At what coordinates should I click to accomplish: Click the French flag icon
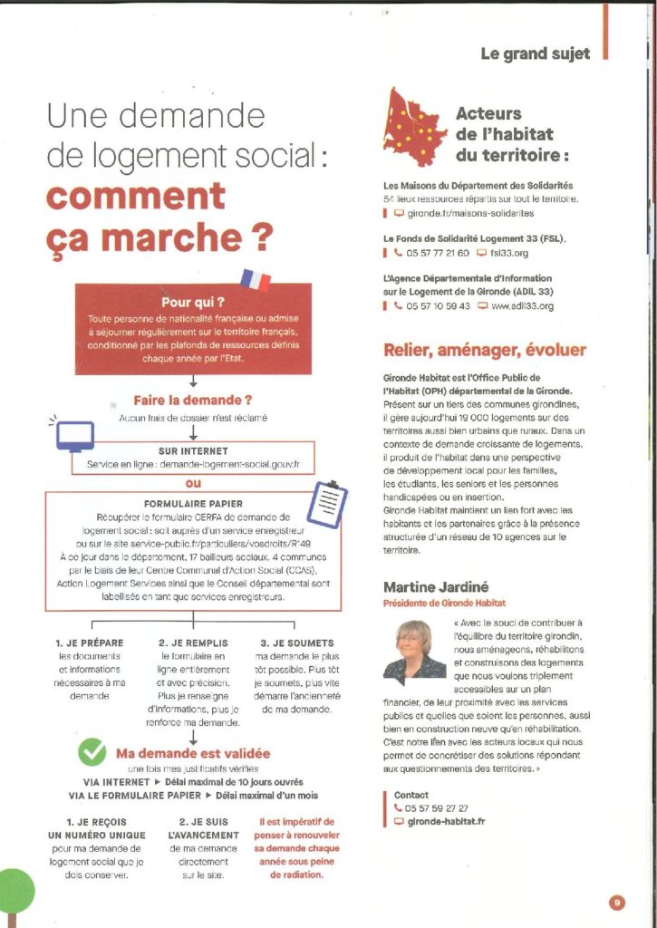point(256,278)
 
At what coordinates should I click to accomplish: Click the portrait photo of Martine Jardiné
point(414,649)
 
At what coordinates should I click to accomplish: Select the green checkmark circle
point(92,752)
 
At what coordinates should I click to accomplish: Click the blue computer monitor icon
point(74,436)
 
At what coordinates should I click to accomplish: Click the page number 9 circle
point(616,902)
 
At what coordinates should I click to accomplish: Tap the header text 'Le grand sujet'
point(535,53)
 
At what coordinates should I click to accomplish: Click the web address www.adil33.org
point(522,306)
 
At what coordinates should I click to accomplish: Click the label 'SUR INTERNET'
point(193,449)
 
